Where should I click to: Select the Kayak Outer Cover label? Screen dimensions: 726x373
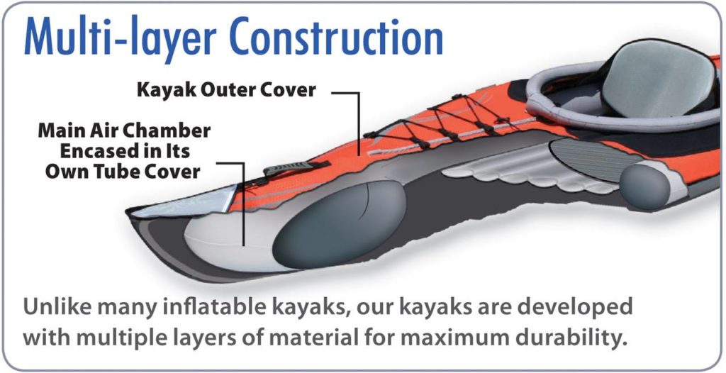click(x=226, y=89)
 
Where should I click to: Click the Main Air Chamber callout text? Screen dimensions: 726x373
click(x=124, y=150)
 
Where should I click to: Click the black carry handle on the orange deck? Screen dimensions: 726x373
click(x=296, y=168)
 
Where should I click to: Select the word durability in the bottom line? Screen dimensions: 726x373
click(x=577, y=339)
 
